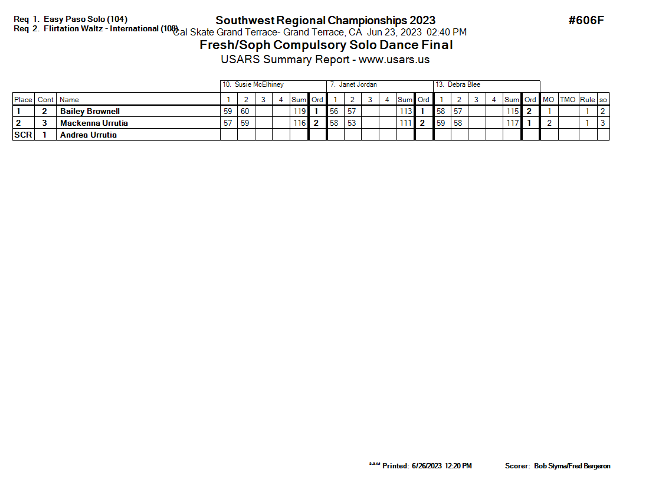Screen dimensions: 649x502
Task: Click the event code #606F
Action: coord(586,21)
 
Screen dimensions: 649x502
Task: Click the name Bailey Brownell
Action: coord(90,111)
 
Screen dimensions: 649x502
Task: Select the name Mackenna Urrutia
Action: coord(94,123)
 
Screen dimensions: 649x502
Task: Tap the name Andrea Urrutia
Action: coord(88,135)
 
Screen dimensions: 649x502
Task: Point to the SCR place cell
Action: coord(23,135)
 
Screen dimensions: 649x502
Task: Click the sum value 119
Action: coord(299,111)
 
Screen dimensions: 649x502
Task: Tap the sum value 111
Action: coord(405,123)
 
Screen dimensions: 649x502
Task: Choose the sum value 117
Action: coord(512,123)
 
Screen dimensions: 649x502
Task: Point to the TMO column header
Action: coord(568,100)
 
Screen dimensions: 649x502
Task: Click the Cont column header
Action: coord(45,100)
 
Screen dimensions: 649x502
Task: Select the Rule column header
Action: coord(587,100)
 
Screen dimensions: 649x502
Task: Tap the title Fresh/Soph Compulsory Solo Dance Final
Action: coord(326,45)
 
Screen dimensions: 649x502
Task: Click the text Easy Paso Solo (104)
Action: coord(85,19)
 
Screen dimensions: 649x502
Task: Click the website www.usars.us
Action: coord(394,60)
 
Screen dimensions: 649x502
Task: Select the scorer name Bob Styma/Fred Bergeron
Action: coord(572,466)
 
